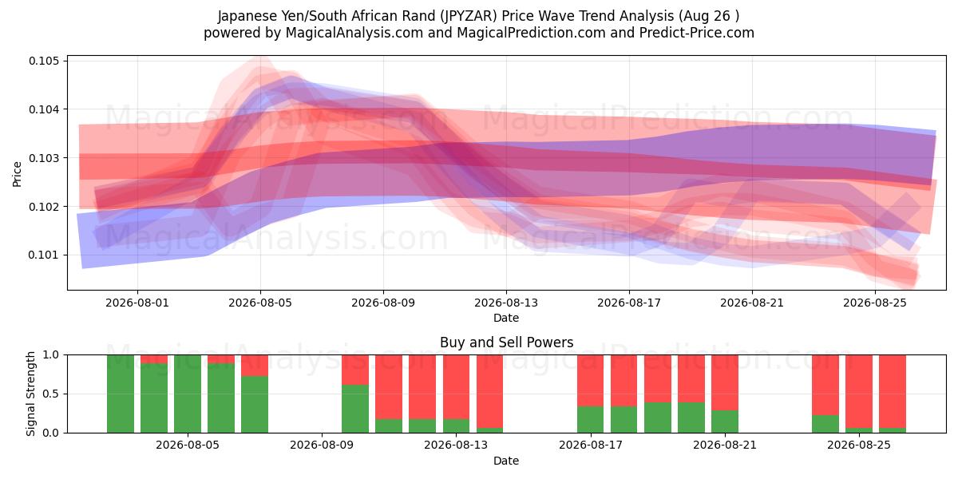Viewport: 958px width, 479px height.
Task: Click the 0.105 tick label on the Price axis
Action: click(44, 61)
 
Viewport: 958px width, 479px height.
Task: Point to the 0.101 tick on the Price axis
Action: click(44, 255)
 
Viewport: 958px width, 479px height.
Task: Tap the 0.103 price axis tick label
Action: click(44, 158)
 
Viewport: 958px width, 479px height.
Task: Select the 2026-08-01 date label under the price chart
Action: click(137, 303)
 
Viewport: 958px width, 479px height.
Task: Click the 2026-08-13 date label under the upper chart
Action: click(506, 303)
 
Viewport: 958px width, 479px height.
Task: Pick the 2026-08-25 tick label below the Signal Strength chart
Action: click(859, 445)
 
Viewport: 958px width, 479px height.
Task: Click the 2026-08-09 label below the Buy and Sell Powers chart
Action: click(322, 445)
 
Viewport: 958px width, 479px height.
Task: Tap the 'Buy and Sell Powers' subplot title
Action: click(506, 342)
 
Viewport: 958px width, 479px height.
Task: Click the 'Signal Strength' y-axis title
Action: click(30, 394)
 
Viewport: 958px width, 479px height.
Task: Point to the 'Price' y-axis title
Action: click(17, 174)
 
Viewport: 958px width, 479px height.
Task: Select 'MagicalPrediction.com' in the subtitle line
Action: click(531, 33)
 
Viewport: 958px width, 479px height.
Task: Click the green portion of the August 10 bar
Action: click(355, 409)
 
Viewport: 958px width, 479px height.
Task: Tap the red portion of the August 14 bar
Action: click(489, 391)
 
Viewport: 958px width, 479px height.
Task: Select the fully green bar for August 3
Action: click(121, 394)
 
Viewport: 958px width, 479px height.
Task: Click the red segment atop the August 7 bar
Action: click(255, 366)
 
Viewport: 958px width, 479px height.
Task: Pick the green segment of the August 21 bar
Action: click(725, 422)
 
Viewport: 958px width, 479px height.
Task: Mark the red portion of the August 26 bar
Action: click(893, 391)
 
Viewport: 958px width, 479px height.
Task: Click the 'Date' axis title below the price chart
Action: click(506, 319)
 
